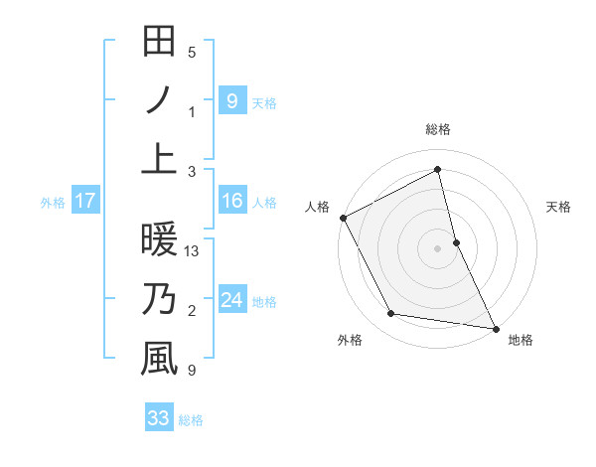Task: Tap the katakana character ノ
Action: pyautogui.click(x=159, y=100)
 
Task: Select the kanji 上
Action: pyautogui.click(x=159, y=159)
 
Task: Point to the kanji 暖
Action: pyautogui.click(x=159, y=240)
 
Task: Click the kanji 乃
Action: pyautogui.click(x=159, y=299)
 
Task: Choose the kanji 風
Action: pyautogui.click(x=159, y=359)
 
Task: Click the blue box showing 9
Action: pyautogui.click(x=231, y=100)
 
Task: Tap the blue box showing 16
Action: pyautogui.click(x=231, y=201)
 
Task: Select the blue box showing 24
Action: pyautogui.click(x=231, y=300)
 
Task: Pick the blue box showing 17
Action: pyautogui.click(x=85, y=201)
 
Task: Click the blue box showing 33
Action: pyautogui.click(x=159, y=418)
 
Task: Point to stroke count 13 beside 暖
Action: pyautogui.click(x=193, y=252)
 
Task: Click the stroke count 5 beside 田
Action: pyautogui.click(x=192, y=53)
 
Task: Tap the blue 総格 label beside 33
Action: pyautogui.click(x=191, y=420)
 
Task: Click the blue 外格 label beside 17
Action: pyautogui.click(x=53, y=202)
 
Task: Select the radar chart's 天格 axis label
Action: pyautogui.click(x=559, y=207)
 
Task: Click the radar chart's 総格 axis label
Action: pyautogui.click(x=438, y=129)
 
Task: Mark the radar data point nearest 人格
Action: pyautogui.click(x=343, y=218)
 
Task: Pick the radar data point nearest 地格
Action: pyautogui.click(x=495, y=327)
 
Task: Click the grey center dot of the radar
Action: pyautogui.click(x=438, y=248)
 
